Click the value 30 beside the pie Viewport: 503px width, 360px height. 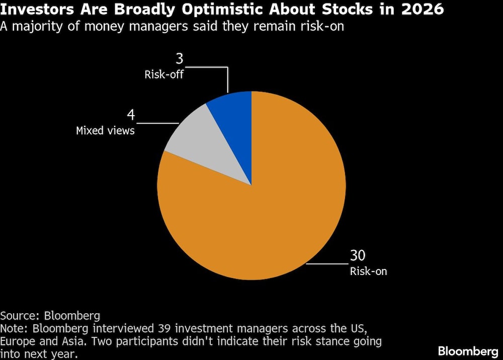pyautogui.click(x=358, y=256)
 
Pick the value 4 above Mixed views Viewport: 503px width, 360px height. pyautogui.click(x=131, y=115)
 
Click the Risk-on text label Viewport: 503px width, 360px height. pyautogui.click(x=368, y=272)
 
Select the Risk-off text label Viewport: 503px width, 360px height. pyautogui.click(x=163, y=75)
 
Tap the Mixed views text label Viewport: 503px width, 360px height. pyautogui.click(x=105, y=131)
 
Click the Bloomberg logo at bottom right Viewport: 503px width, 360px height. pyautogui.click(x=468, y=350)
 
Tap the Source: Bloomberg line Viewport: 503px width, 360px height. pyautogui.click(x=50, y=316)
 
